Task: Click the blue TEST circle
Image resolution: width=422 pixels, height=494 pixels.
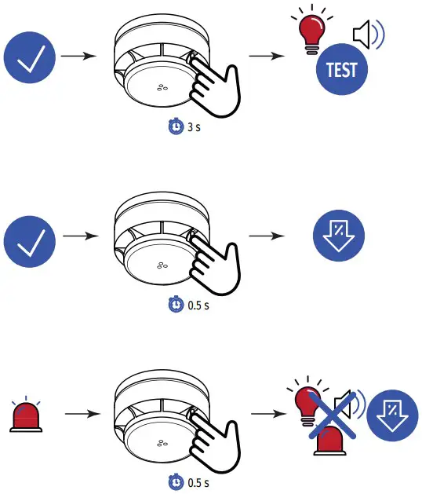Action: click(x=341, y=70)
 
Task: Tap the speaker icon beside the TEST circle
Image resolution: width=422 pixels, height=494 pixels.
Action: click(x=367, y=35)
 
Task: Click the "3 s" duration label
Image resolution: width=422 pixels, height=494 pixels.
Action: click(x=194, y=126)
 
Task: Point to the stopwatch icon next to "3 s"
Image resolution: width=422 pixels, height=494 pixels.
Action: click(x=177, y=126)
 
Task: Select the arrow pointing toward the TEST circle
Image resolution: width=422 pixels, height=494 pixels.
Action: click(x=265, y=57)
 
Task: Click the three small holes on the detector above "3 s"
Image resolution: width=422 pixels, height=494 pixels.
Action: click(x=163, y=87)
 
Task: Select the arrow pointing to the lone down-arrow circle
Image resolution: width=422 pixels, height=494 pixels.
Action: click(x=265, y=235)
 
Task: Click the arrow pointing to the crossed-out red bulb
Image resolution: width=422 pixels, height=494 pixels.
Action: click(x=265, y=413)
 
